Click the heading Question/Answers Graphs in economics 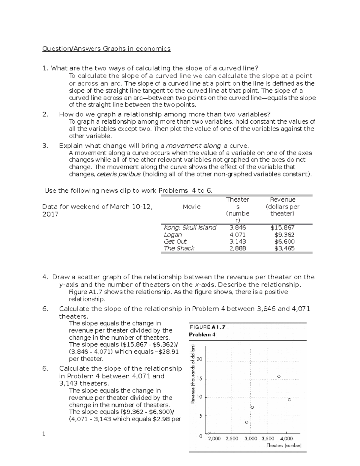pos(106,49)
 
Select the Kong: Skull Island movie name pos(190,228)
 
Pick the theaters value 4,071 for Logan pos(237,235)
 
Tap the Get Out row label pos(175,242)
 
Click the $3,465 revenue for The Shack pos(284,248)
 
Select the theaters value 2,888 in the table pos(237,248)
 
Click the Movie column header pos(191,207)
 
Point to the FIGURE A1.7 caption pos(207,327)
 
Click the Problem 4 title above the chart pos(202,335)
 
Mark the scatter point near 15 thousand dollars pos(279,376)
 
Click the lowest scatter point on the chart pos(246,422)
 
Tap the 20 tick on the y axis pos(199,359)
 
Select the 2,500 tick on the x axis pos(232,438)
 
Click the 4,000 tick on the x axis pos(286,438)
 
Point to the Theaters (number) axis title pos(284,446)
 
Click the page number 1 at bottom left pos(44,434)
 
